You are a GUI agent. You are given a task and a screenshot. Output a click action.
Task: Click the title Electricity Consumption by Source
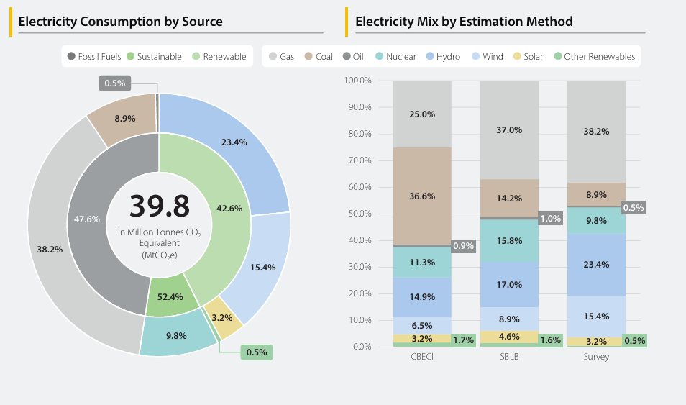(120, 22)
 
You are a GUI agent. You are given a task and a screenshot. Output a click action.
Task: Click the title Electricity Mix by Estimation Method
(464, 22)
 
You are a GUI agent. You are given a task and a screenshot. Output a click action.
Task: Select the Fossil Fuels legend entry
(93, 56)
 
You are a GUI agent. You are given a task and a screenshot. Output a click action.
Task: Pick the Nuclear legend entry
(395, 56)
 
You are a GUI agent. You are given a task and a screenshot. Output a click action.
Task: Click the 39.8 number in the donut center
(159, 206)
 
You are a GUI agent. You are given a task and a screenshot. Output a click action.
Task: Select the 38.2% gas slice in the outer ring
(50, 249)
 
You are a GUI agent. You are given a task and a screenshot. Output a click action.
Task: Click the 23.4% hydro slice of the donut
(234, 142)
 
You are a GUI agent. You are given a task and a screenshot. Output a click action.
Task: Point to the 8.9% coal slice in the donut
(124, 118)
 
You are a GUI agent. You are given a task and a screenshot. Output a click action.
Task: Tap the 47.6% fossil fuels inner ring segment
(87, 219)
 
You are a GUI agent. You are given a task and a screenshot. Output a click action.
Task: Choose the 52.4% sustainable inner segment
(170, 296)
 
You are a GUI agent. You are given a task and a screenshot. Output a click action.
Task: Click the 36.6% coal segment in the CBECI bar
(422, 196)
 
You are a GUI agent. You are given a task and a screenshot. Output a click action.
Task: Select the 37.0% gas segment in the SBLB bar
(509, 130)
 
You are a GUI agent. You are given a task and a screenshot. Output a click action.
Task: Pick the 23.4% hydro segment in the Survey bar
(596, 265)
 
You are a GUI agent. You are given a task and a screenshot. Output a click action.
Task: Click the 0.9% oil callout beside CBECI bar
(463, 246)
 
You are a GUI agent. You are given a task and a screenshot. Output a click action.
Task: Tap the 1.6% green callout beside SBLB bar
(550, 340)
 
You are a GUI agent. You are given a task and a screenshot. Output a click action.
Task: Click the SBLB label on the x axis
(509, 357)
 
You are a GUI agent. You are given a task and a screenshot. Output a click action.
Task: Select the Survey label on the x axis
(596, 357)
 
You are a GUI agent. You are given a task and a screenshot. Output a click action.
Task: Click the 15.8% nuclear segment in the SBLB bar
(509, 240)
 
